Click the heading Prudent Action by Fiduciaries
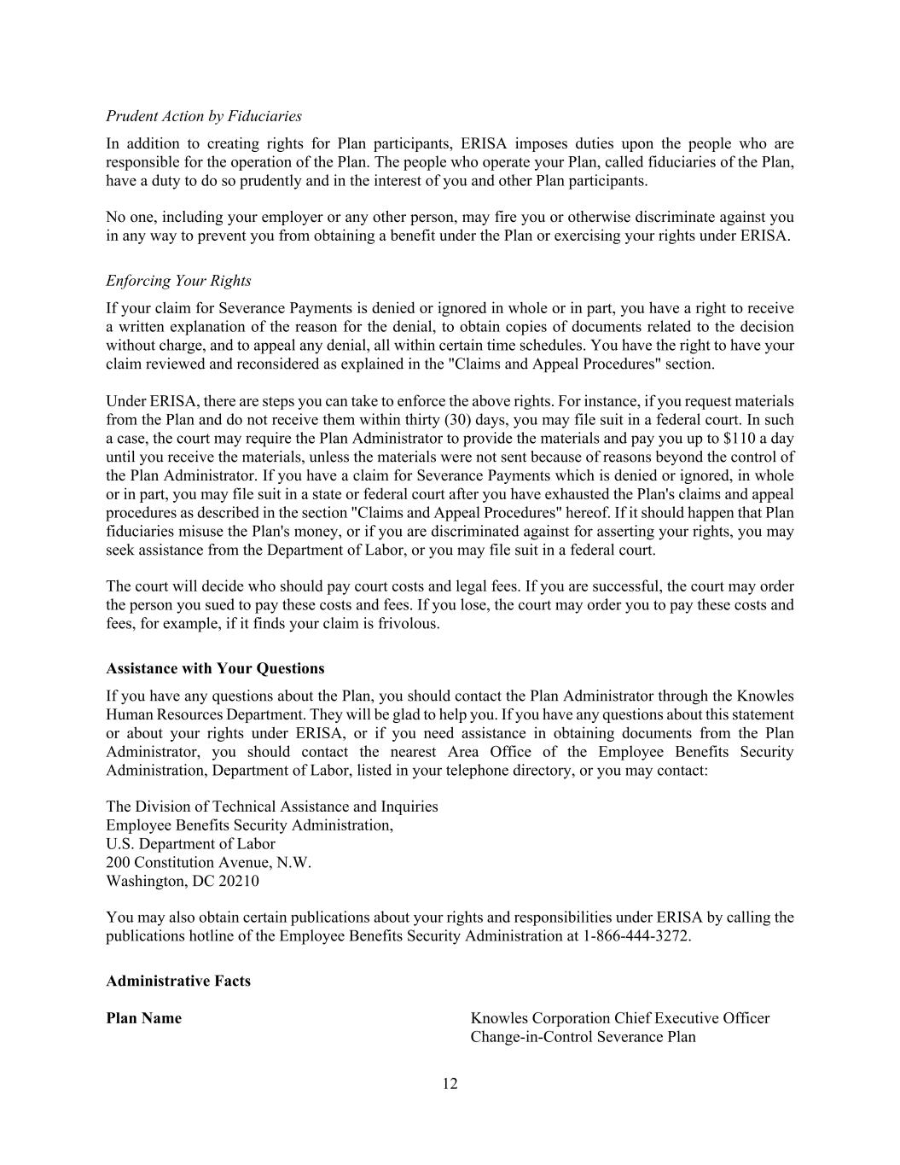(203, 116)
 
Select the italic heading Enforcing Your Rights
(178, 281)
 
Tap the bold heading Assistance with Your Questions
(215, 668)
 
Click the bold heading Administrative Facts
(178, 981)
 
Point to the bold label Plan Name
(143, 1018)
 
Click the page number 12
(450, 1084)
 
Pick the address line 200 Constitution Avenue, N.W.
(209, 862)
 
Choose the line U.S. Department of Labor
(190, 844)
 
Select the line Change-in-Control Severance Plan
(583, 1037)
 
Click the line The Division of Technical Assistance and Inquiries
(271, 807)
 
